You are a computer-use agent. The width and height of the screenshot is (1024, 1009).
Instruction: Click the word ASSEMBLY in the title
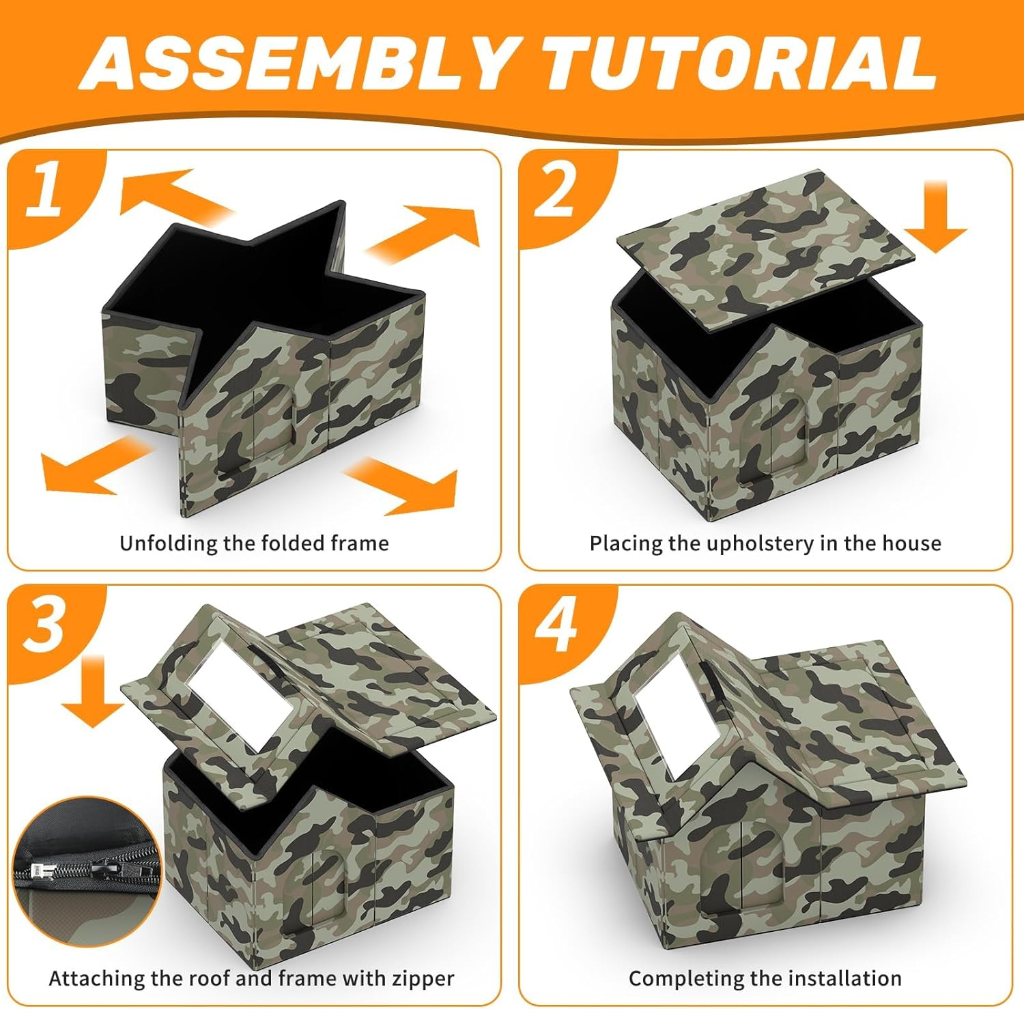[x=297, y=63]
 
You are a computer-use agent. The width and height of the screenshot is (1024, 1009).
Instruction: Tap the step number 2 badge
[x=554, y=191]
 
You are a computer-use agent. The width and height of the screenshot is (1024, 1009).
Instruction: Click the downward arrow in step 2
[x=939, y=218]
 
